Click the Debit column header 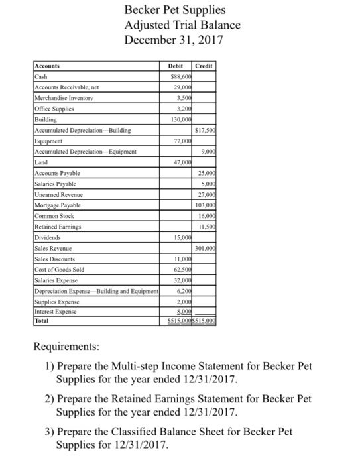pos(176,67)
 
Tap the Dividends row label pos(48,237)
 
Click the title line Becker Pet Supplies pos(175,10)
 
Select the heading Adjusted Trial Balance pos(182,25)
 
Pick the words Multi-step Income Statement pos(181,366)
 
